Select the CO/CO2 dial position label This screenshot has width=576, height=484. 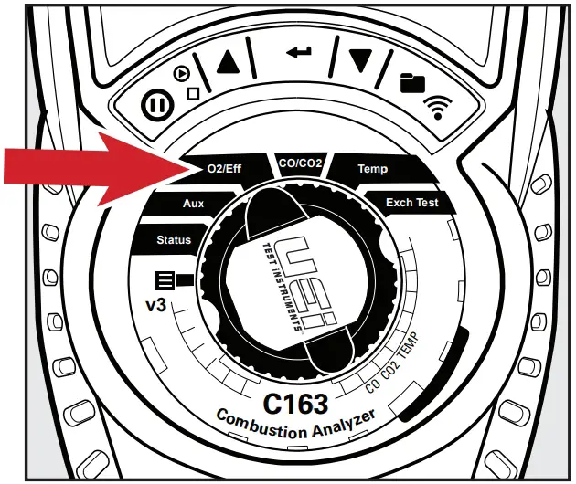pos(301,163)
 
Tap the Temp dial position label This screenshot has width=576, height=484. pos(372,169)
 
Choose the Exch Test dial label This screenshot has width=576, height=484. pos(411,202)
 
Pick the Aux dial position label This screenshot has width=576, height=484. pos(193,204)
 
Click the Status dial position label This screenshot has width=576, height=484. pos(174,240)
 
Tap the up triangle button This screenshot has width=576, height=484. pos(228,61)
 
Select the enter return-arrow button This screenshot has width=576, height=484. pos(298,52)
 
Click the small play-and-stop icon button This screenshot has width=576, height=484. pos(187,82)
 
